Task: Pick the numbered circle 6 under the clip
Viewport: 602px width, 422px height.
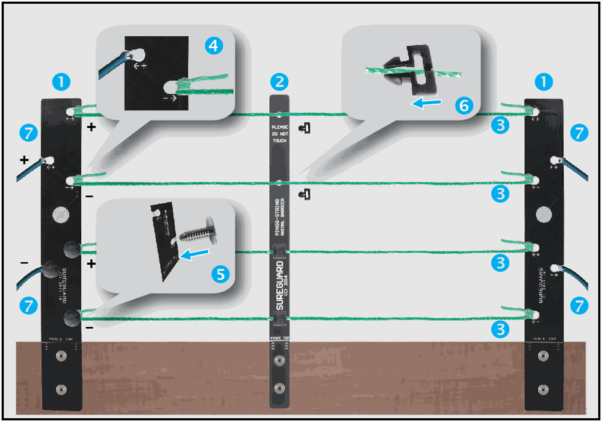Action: click(462, 105)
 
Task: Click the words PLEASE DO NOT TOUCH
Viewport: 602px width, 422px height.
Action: click(279, 133)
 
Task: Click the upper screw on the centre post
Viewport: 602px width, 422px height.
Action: click(278, 361)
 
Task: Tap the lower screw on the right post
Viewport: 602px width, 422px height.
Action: click(544, 388)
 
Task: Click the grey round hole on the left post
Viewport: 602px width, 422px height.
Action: click(61, 214)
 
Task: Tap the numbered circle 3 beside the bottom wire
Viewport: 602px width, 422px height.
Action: click(500, 329)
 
